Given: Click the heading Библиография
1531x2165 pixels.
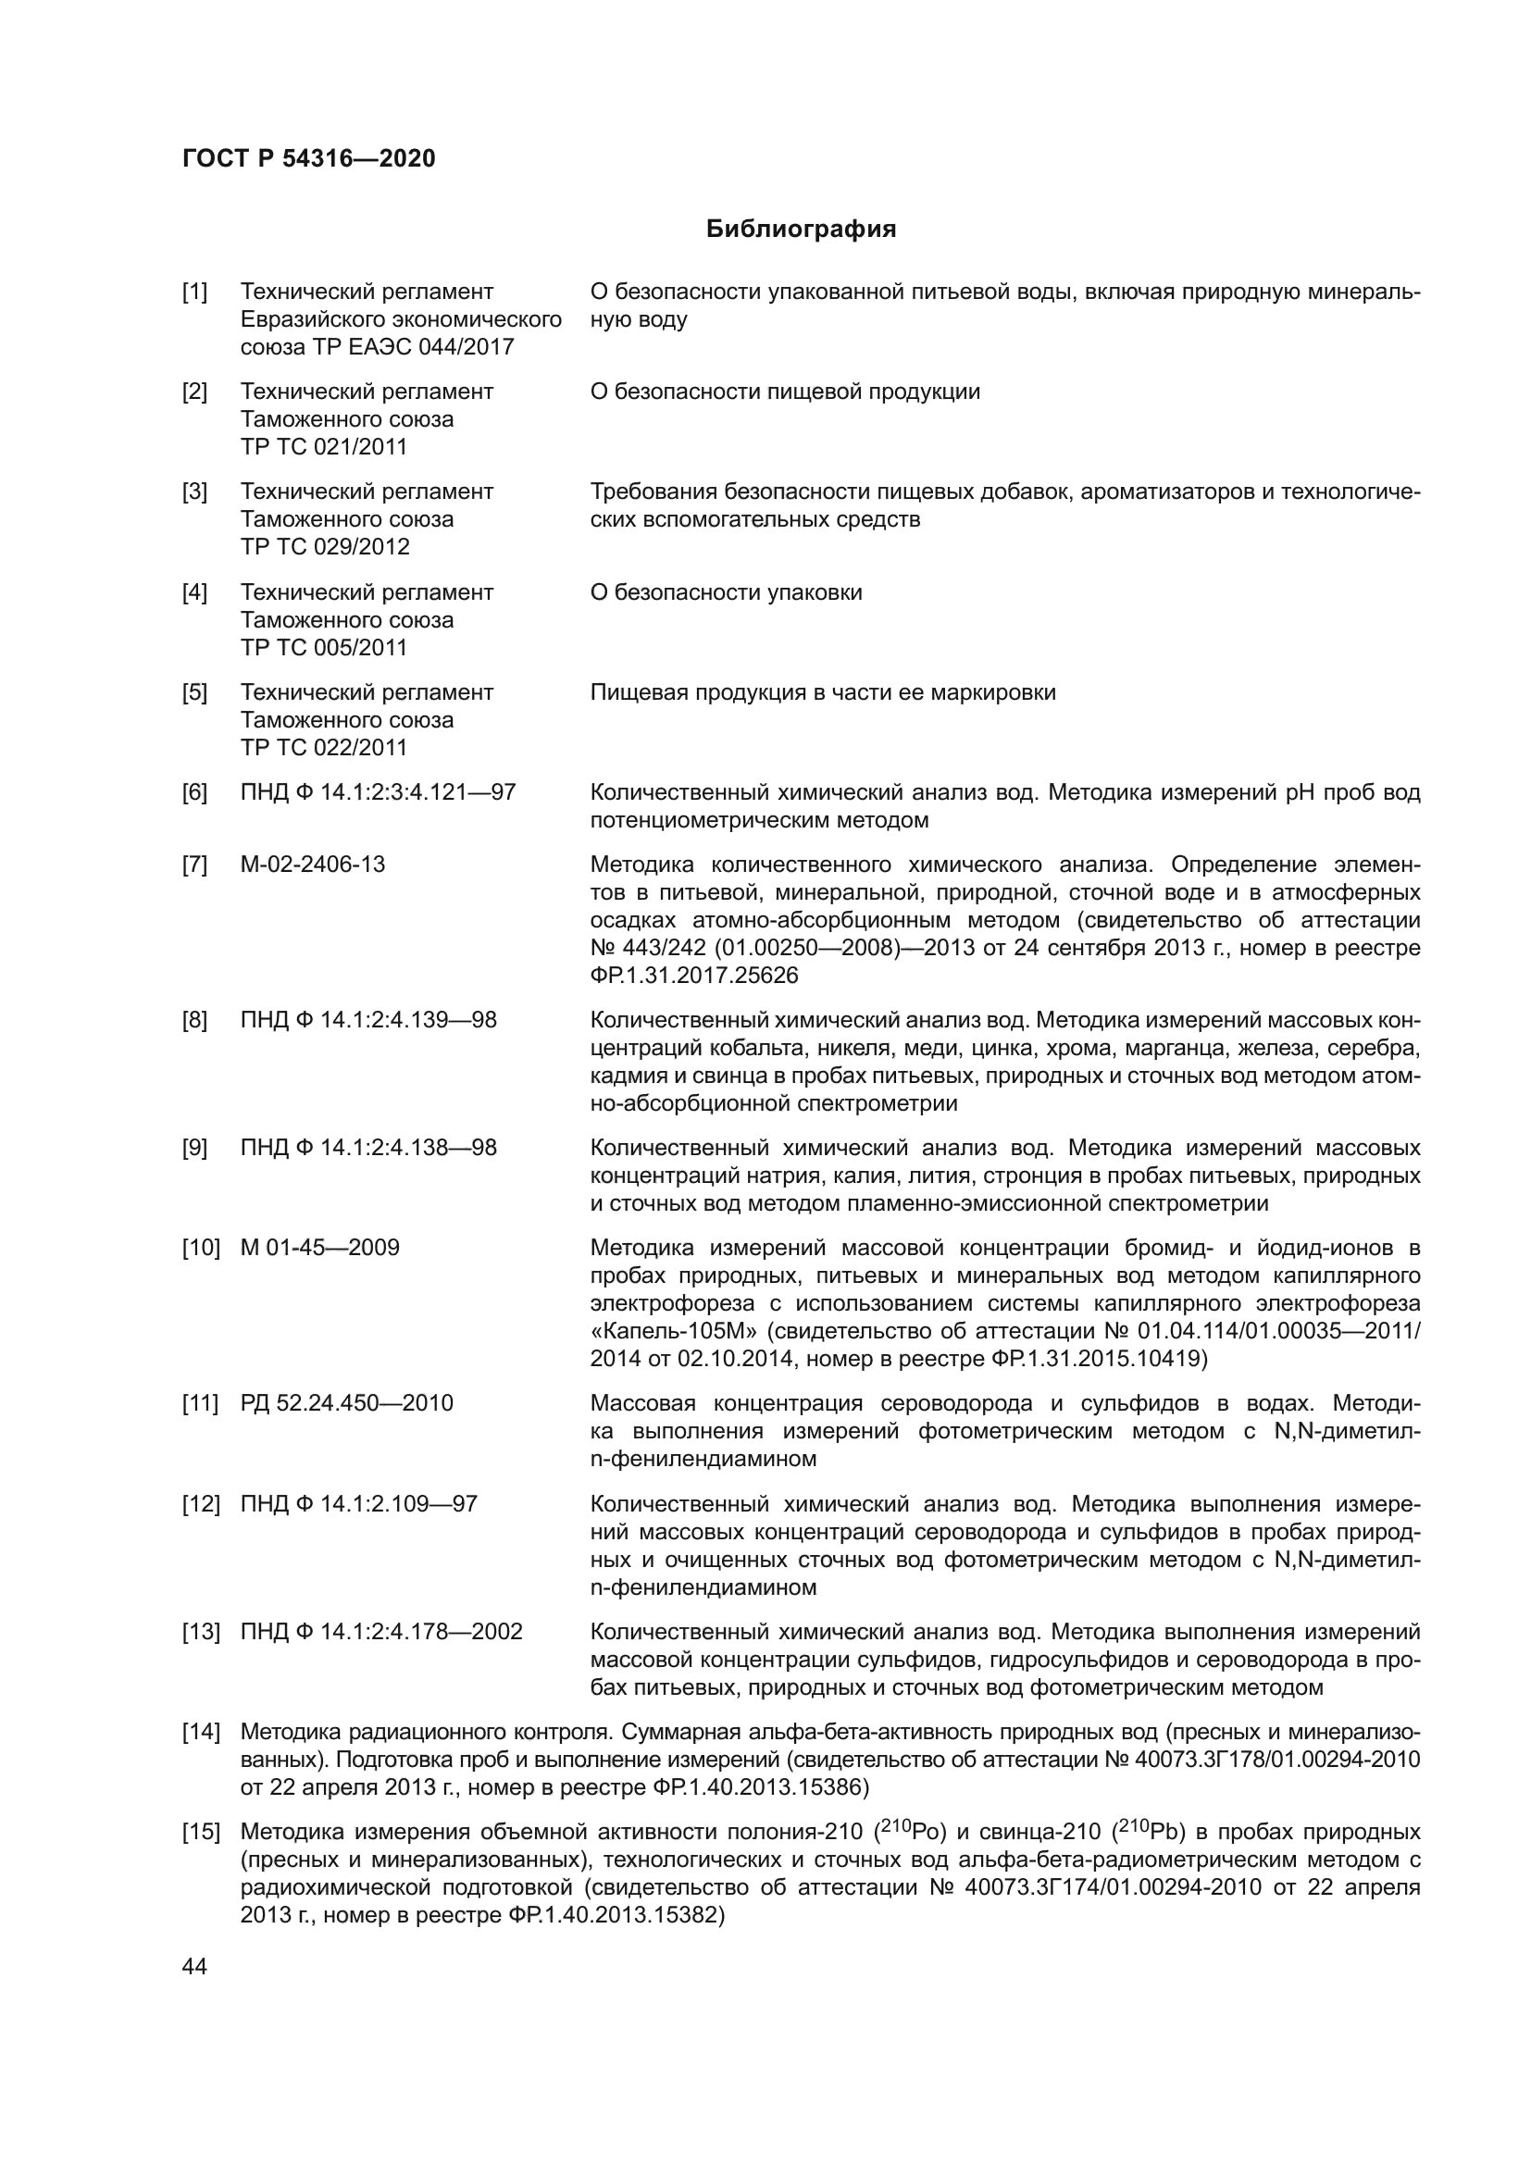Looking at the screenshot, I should tap(801, 230).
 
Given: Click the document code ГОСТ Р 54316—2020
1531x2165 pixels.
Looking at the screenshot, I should tap(308, 158).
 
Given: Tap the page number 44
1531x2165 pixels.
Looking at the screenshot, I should tap(194, 1966).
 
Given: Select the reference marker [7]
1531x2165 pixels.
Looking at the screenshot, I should tap(194, 865).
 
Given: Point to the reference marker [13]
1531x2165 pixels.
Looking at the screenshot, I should tap(200, 1631).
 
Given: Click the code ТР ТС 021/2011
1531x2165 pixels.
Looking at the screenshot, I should tap(323, 447).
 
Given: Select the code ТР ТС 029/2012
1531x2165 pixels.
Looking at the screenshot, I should tap(324, 547).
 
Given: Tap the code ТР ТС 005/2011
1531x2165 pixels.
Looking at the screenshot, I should tap(323, 648).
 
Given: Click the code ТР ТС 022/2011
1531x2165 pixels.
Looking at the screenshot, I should tap(323, 748).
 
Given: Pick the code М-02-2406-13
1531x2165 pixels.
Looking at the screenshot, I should tap(312, 865).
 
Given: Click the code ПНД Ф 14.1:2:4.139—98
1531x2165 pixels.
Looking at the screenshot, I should tap(367, 1020).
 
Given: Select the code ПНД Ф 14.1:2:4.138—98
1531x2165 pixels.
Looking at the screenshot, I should tap(367, 1148).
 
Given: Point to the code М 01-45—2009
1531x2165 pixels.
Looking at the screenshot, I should tap(319, 1248).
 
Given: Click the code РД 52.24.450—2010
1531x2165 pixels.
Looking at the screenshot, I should tap(346, 1403).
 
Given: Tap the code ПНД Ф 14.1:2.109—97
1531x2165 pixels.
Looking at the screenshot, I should tap(358, 1503).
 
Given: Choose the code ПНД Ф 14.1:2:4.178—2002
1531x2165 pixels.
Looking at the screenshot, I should tap(380, 1631).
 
